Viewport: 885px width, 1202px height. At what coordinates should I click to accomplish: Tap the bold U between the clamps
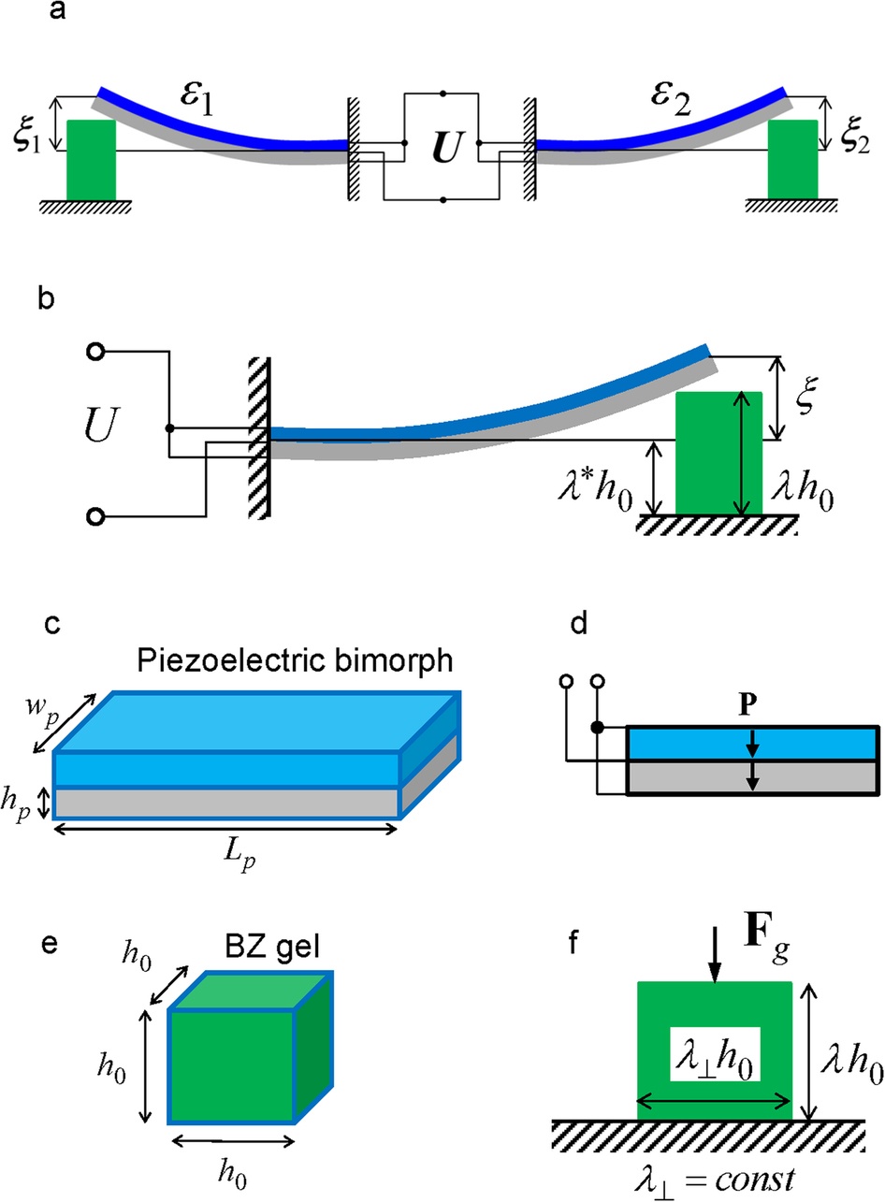446,147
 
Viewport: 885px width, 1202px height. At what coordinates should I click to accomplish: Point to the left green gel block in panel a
91,160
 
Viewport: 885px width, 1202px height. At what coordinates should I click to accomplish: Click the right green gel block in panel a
792,160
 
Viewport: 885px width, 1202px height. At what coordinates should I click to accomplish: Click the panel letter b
46,299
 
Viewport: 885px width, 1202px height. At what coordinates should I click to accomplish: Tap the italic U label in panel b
102,425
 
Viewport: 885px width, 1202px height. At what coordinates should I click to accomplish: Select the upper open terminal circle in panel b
95,352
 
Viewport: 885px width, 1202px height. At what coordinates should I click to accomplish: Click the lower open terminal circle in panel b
95,516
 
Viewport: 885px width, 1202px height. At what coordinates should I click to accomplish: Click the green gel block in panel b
718,454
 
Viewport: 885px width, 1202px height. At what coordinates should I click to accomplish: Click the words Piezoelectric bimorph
295,661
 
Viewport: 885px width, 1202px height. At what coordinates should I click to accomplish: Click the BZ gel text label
272,947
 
